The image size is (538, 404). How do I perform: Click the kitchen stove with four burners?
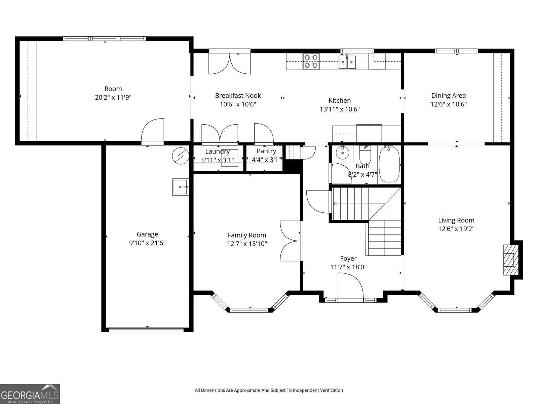coord(311,61)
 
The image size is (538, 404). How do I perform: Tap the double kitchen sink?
coord(347,62)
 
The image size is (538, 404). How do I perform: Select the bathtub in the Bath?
coord(389,164)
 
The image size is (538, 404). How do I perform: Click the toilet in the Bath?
coord(365,154)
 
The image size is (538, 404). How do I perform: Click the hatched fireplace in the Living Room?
coord(511,260)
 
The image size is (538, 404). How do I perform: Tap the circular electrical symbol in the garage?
coord(181,156)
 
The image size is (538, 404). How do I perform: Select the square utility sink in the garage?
coord(180,187)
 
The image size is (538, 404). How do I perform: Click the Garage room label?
coord(147,234)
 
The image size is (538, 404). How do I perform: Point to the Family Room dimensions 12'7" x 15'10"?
coord(247,244)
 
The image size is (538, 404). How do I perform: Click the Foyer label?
coord(348,259)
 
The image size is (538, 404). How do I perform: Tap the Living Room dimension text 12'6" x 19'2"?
coord(456,229)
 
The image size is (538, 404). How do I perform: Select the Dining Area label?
coord(449,95)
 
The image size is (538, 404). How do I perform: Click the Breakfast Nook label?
coord(238,95)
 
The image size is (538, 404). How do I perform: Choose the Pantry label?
coord(266,151)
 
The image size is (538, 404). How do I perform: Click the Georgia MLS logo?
coord(30,394)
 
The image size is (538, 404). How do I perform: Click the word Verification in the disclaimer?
coord(332,390)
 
